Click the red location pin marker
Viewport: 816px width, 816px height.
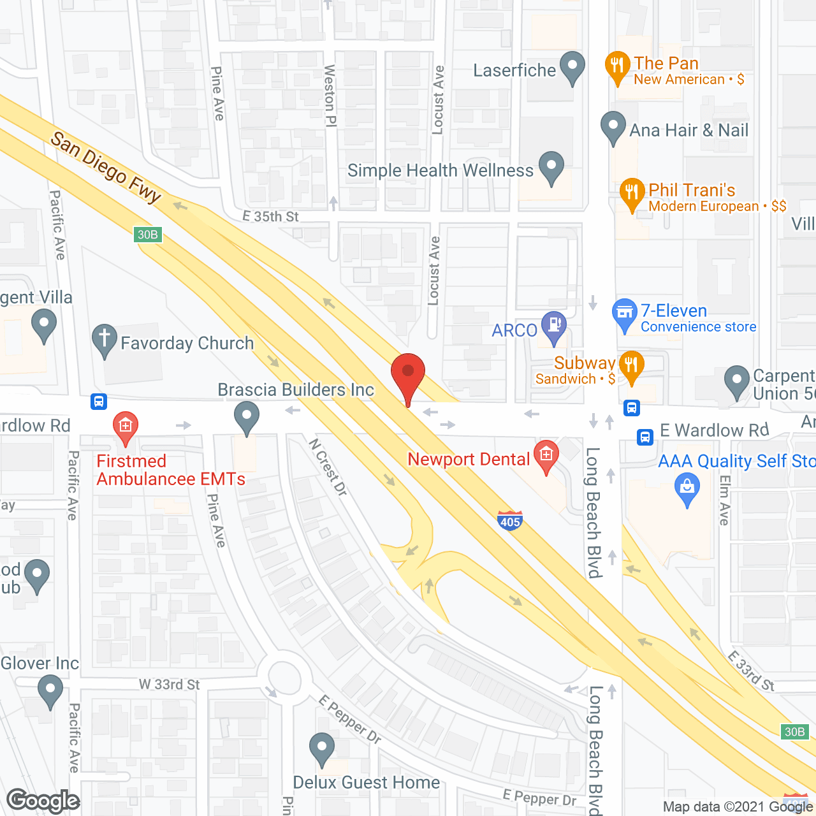click(407, 374)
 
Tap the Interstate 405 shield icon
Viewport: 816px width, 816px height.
click(509, 520)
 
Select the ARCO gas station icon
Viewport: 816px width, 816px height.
click(553, 325)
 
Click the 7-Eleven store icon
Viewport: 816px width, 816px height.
click(624, 313)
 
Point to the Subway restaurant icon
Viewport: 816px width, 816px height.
click(631, 365)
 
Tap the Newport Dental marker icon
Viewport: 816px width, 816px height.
click(546, 455)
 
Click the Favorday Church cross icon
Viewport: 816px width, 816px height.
click(105, 339)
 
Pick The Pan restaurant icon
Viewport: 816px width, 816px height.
click(616, 66)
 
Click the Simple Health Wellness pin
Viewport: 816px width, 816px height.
click(551, 166)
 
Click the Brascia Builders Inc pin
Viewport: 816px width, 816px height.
click(247, 416)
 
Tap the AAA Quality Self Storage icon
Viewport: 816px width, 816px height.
click(687, 488)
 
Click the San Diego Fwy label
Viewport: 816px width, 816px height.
click(105, 167)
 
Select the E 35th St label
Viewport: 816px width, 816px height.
click(270, 217)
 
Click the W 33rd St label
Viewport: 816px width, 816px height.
click(170, 685)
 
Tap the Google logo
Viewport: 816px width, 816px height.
click(43, 801)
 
